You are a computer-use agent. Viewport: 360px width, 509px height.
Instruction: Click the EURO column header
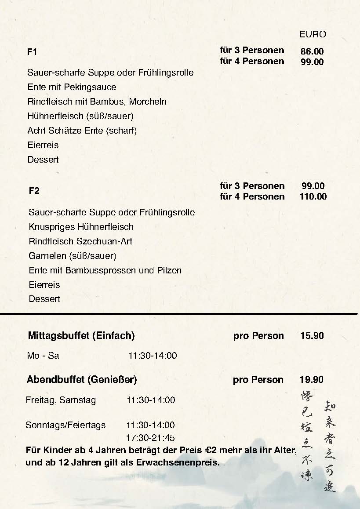[313, 34]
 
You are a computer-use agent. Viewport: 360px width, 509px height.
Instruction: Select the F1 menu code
[32, 52]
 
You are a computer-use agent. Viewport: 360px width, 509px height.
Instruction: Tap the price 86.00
[312, 51]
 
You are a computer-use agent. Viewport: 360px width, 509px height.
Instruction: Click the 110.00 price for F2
[313, 196]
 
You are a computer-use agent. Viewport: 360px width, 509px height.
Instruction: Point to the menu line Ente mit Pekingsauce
[72, 87]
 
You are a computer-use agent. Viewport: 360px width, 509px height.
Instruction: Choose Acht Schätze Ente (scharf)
[82, 131]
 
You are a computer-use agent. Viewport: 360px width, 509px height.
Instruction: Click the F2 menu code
[34, 191]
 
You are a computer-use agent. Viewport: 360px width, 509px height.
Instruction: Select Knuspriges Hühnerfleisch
[81, 227]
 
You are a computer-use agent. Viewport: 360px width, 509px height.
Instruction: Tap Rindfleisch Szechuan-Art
[80, 241]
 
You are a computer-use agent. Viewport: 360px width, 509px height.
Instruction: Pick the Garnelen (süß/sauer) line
[72, 256]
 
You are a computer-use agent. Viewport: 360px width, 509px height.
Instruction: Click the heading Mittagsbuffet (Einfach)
[81, 336]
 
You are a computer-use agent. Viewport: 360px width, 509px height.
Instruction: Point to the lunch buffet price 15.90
[312, 336]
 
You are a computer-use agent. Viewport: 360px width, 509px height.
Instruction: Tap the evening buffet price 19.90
[312, 380]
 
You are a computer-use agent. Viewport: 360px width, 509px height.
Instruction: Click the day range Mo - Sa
[43, 356]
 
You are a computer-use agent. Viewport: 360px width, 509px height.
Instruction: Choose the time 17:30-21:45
[150, 438]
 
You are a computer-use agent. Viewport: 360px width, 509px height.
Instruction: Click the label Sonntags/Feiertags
[65, 425]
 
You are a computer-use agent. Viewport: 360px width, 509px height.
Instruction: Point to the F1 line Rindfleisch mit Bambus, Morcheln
[97, 102]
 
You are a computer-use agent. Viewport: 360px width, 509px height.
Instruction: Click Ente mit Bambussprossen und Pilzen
[105, 270]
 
